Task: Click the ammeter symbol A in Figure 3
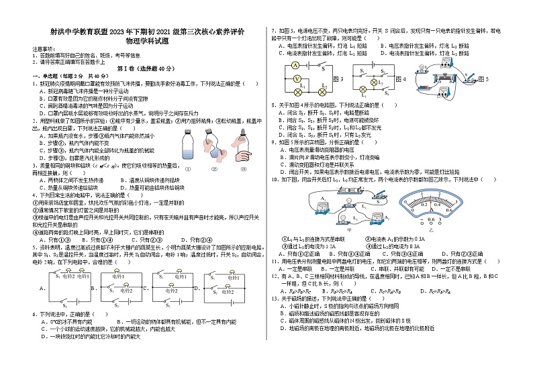[295, 66]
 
